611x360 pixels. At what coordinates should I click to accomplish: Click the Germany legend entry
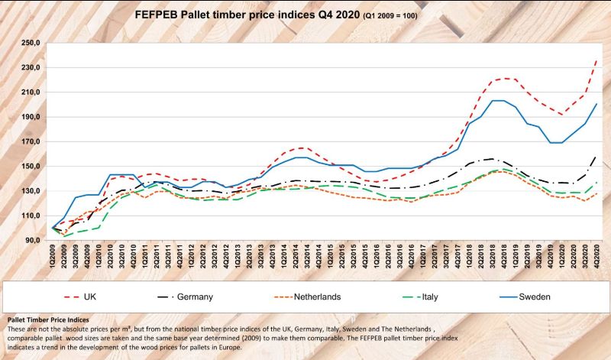pos(194,295)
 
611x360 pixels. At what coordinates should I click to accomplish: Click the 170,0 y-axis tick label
pos(31,141)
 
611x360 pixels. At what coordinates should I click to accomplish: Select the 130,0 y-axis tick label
pos(31,191)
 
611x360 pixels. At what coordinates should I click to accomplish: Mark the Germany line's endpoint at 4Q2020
pos(596,157)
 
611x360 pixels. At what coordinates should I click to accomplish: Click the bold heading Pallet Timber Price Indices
pos(47,319)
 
